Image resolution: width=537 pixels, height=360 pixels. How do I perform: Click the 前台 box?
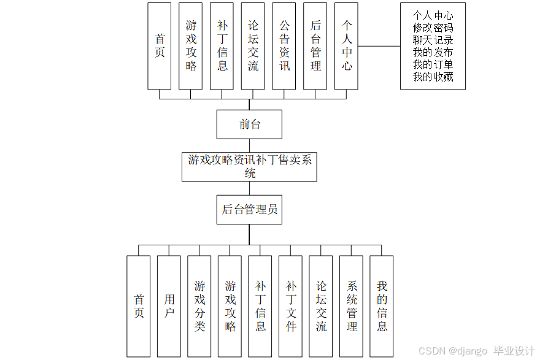click(249, 124)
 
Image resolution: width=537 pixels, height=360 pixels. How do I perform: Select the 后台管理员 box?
click(249, 210)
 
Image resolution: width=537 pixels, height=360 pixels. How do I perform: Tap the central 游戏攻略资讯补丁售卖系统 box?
click(249, 167)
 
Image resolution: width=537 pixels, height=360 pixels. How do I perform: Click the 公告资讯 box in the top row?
click(285, 46)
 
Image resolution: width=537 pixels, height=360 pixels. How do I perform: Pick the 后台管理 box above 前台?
click(315, 46)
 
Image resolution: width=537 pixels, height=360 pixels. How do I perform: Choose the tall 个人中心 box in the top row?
click(347, 46)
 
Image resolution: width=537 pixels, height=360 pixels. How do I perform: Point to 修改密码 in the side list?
click(433, 28)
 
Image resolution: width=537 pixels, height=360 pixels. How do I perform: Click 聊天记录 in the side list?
click(433, 40)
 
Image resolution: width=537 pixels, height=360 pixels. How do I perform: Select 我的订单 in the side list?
click(433, 64)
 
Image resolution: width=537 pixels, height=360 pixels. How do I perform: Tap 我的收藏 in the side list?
click(433, 77)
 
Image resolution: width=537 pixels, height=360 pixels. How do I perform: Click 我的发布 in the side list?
click(433, 52)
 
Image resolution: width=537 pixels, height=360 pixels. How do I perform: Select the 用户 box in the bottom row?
click(169, 306)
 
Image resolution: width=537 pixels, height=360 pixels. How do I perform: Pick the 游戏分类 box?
click(199, 306)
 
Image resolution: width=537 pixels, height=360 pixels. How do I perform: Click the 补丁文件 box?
click(290, 306)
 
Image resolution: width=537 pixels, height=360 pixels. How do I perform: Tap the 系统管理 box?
click(351, 306)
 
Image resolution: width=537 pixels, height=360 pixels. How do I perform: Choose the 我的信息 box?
click(382, 306)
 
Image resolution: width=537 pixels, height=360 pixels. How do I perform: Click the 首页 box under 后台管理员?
click(139, 306)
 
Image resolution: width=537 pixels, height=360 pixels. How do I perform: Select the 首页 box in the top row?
click(160, 46)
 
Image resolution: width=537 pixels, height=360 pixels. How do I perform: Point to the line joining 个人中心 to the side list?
click(379, 46)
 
